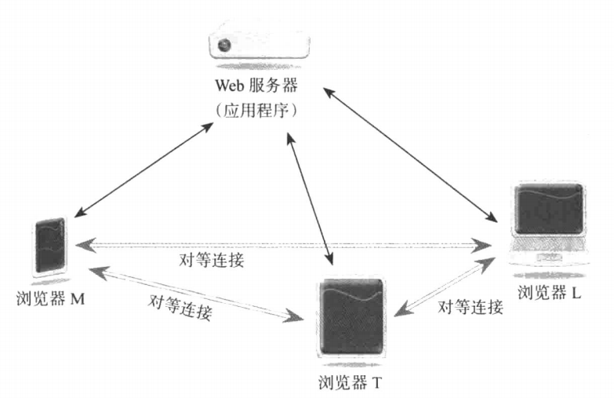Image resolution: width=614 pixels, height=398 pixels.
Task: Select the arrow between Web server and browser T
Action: (311, 195)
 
